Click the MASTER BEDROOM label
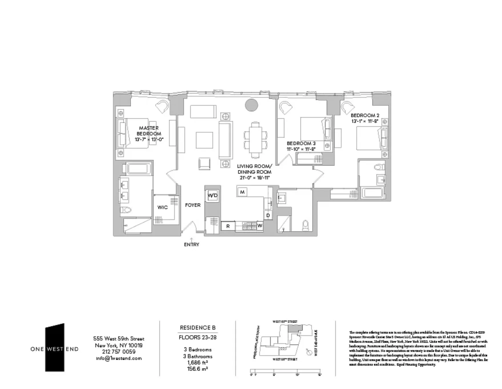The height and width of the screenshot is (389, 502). (x=149, y=131)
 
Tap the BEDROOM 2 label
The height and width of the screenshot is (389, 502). (x=365, y=115)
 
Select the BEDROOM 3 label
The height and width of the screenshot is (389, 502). (x=301, y=143)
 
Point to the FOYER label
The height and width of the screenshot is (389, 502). (x=193, y=205)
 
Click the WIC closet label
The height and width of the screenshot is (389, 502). (x=162, y=207)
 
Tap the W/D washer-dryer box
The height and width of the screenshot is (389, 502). (x=213, y=196)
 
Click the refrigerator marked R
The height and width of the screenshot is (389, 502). (x=228, y=226)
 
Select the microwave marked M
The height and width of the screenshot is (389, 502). (x=242, y=192)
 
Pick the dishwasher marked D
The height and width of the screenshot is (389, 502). (x=268, y=215)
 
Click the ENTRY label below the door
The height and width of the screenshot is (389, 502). (x=192, y=244)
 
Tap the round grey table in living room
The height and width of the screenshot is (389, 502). (x=252, y=105)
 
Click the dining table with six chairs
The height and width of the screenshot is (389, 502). (x=256, y=140)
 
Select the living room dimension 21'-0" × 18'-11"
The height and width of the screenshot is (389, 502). (x=255, y=178)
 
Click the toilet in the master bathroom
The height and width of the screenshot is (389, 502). (x=126, y=210)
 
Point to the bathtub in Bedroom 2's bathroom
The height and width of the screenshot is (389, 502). (x=373, y=193)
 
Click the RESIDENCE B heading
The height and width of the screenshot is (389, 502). (x=198, y=328)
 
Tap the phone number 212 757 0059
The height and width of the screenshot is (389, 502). (x=119, y=352)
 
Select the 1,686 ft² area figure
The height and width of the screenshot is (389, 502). (x=198, y=362)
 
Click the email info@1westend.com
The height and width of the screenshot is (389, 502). (x=119, y=358)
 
